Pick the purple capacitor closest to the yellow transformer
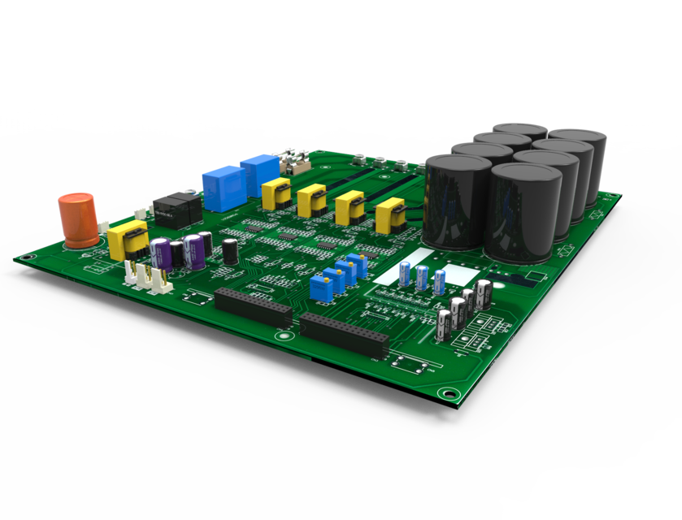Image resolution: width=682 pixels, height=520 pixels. tap(161, 253)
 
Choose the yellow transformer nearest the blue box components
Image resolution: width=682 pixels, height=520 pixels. tap(276, 194)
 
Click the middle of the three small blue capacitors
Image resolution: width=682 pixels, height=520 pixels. tap(422, 277)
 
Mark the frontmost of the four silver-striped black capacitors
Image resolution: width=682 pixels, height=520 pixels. tap(444, 323)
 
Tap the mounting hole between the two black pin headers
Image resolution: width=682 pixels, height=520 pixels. tap(283, 335)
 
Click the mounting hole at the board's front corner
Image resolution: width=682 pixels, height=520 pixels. tap(446, 394)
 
